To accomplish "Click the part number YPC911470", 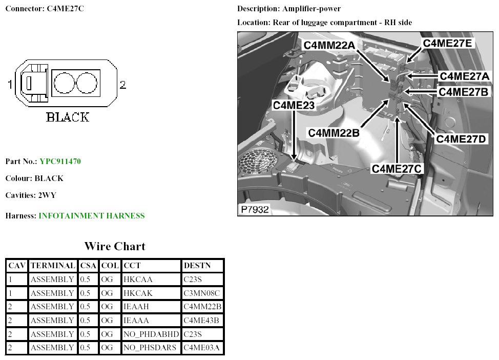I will point(60,162).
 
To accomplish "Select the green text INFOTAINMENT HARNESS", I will point(92,216).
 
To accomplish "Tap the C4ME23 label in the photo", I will point(293,105).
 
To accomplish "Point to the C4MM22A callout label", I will point(329,45).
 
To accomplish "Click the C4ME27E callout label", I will point(447,43).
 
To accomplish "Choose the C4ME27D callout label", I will point(461,138).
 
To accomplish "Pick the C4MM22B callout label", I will point(334,132).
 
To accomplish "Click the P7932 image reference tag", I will point(254,209).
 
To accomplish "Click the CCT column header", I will point(132,266).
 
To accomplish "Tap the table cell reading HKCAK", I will point(138,293).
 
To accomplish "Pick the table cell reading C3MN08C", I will point(201,293).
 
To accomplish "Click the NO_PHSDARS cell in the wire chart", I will point(150,348).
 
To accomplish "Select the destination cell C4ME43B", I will point(201,321).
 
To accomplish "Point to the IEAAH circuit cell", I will point(136,307).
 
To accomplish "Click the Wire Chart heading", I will point(115,246).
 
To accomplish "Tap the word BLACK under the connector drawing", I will point(68,117).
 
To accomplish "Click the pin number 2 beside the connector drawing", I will point(122,85).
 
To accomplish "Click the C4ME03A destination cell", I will point(201,348).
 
